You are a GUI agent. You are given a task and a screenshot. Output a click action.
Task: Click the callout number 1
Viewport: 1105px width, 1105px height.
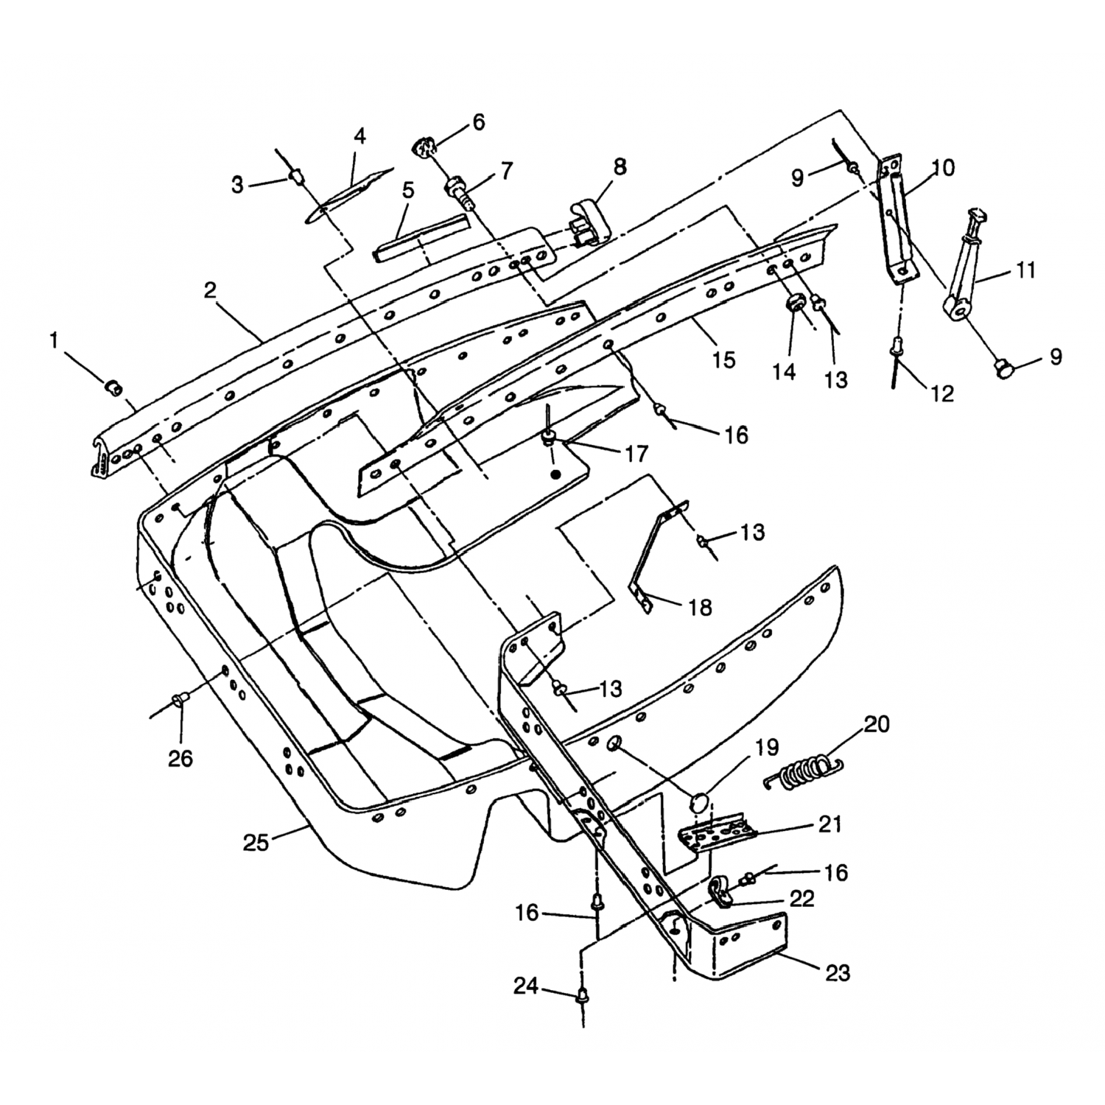53,340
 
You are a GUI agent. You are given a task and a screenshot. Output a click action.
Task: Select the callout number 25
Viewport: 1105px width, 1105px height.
256,842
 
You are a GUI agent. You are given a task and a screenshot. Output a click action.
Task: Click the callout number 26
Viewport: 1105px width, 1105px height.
180,758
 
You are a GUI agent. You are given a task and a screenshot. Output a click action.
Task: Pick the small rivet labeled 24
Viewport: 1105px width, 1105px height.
582,997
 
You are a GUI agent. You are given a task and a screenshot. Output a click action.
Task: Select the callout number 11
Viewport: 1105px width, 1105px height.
1025,270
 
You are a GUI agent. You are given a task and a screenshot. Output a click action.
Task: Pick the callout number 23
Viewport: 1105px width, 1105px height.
838,973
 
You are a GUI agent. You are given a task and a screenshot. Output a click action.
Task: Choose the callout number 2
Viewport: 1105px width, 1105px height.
211,290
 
